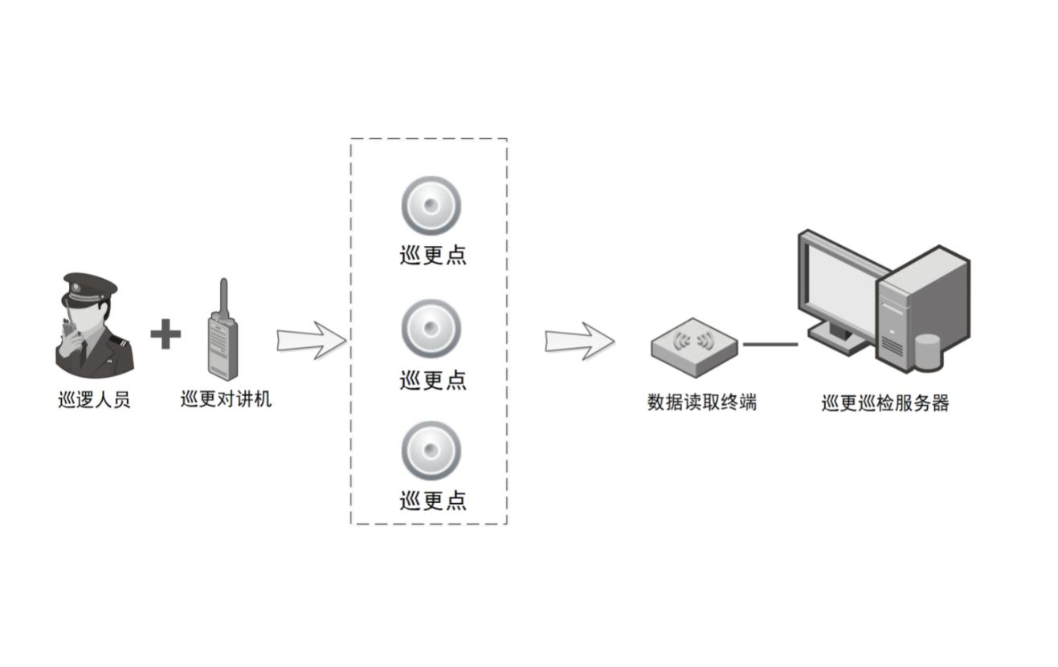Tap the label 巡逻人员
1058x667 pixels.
click(x=94, y=399)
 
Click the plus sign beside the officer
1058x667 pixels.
click(x=165, y=333)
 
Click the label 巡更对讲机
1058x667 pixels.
click(x=226, y=399)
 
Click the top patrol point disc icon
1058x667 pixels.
click(x=431, y=206)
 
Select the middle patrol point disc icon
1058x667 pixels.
click(x=431, y=329)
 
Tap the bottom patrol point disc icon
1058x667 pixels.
click(x=431, y=451)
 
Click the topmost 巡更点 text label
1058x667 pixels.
click(x=433, y=255)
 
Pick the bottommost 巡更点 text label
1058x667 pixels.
click(x=433, y=501)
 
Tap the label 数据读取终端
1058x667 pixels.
click(x=702, y=402)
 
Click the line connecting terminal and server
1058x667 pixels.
click(x=770, y=345)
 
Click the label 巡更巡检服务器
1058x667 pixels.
click(x=885, y=403)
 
